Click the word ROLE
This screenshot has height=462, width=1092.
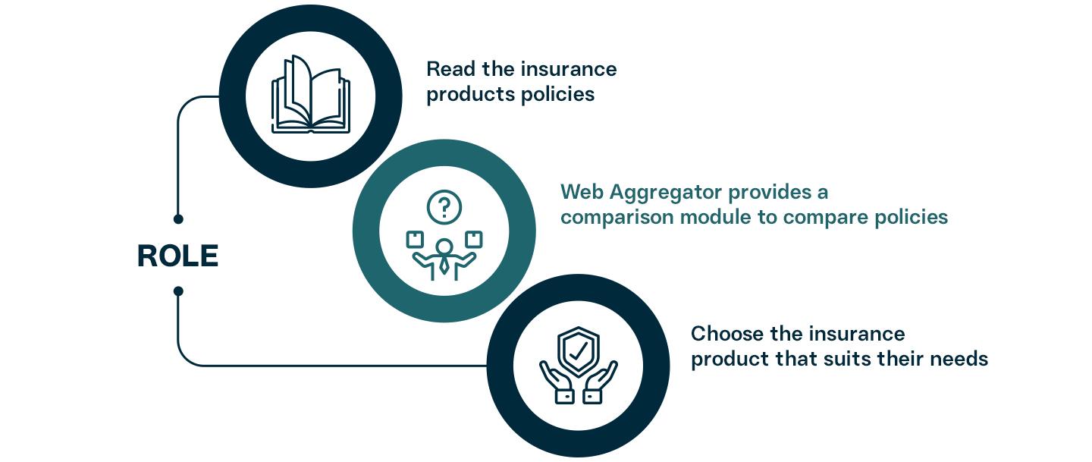177,256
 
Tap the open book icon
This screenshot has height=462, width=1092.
310,95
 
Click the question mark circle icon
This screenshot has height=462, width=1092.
444,206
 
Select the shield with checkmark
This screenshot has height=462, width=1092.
579,351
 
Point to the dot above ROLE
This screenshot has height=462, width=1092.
178,219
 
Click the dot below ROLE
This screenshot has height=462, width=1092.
178,291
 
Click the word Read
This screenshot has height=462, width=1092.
450,69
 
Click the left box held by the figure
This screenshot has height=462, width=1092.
415,240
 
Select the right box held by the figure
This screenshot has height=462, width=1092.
474,239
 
